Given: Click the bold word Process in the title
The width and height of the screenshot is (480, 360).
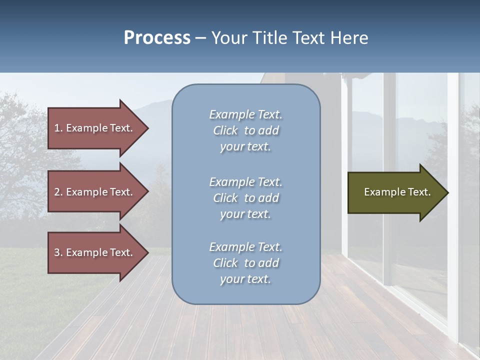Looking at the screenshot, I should (x=157, y=37).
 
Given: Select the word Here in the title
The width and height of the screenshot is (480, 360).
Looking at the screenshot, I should (x=350, y=37).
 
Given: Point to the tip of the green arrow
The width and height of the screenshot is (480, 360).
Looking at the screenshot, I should (x=447, y=192).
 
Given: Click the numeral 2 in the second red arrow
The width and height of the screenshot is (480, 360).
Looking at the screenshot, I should (x=57, y=192).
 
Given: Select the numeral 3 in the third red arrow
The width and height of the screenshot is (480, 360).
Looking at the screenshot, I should (x=57, y=252).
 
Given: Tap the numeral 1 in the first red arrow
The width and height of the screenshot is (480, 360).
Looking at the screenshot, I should (x=57, y=128).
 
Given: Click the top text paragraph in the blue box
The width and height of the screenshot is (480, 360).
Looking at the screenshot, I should (x=245, y=130).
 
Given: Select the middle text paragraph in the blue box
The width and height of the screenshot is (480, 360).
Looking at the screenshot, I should (x=245, y=198).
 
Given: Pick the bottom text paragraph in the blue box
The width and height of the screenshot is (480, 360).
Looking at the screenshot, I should (x=245, y=263).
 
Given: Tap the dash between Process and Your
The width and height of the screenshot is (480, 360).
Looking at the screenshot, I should (x=200, y=38).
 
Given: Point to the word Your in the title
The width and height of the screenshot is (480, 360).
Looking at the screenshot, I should (x=229, y=37).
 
